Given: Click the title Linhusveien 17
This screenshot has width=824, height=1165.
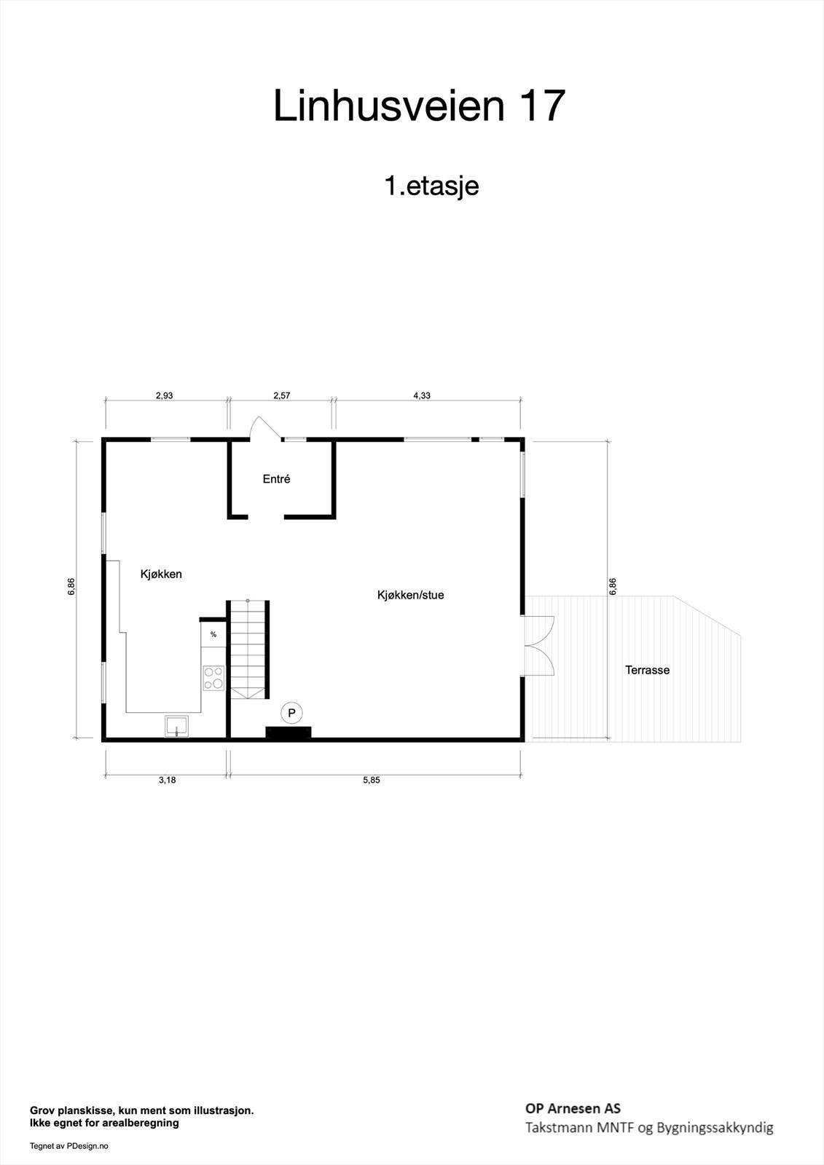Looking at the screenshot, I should pyautogui.click(x=419, y=106).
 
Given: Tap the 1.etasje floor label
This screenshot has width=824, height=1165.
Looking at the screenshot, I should pyautogui.click(x=431, y=186).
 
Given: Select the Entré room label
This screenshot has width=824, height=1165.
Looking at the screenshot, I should pyautogui.click(x=276, y=479).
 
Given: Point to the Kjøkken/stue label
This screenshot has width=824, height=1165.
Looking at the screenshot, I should pyautogui.click(x=410, y=595).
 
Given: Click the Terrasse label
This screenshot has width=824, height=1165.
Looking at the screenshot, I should pyautogui.click(x=647, y=670).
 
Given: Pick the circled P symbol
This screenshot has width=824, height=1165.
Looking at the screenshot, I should pyautogui.click(x=291, y=713).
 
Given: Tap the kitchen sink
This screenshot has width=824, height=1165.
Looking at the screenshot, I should pyautogui.click(x=176, y=726).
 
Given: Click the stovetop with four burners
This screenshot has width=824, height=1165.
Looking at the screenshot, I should pyautogui.click(x=213, y=678).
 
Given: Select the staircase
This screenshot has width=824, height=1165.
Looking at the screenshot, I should pyautogui.click(x=248, y=649).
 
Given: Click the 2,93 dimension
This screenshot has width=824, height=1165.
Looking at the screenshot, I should pyautogui.click(x=164, y=396).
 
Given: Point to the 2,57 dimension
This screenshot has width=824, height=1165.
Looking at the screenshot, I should pyautogui.click(x=281, y=396).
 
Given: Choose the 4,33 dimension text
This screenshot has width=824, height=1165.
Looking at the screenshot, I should pyautogui.click(x=422, y=396).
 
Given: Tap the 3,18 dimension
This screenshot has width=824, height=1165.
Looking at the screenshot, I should pyautogui.click(x=167, y=780).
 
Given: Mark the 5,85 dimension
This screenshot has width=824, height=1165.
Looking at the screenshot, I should pyautogui.click(x=371, y=780).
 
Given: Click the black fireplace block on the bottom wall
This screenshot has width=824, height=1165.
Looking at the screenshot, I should pyautogui.click(x=289, y=732).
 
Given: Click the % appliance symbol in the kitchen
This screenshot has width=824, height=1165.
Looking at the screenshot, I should pyautogui.click(x=213, y=634).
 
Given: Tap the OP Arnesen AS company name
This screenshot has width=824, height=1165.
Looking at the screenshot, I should pyautogui.click(x=573, y=1108).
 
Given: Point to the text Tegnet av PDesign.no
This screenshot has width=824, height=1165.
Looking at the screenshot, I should pyautogui.click(x=68, y=1146).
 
